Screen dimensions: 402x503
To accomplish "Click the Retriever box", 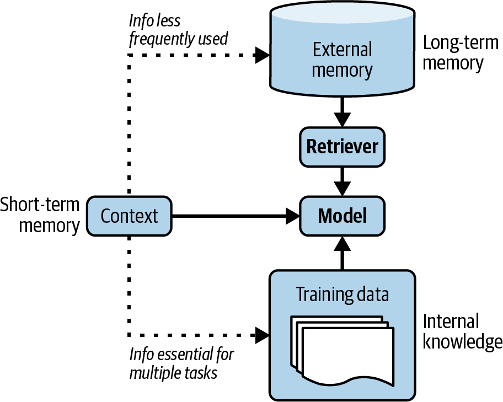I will (x=342, y=147).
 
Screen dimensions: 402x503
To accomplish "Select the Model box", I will (x=342, y=216).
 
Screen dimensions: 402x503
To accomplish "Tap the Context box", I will (x=129, y=216).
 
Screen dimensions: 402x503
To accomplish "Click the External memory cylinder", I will (x=342, y=55).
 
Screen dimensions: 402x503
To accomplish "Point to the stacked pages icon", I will (x=342, y=350).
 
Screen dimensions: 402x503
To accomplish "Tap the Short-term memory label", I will (x=40, y=215).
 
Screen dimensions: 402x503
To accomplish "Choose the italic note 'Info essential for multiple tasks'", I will (x=181, y=363).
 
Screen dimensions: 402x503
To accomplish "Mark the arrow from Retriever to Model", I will (x=342, y=181).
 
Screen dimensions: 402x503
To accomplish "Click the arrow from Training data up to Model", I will (x=342, y=252).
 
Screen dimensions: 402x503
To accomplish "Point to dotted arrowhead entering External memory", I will (x=261, y=55).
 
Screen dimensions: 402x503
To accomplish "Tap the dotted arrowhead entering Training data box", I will (x=261, y=334).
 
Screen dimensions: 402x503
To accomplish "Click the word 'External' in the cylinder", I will (x=342, y=50).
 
